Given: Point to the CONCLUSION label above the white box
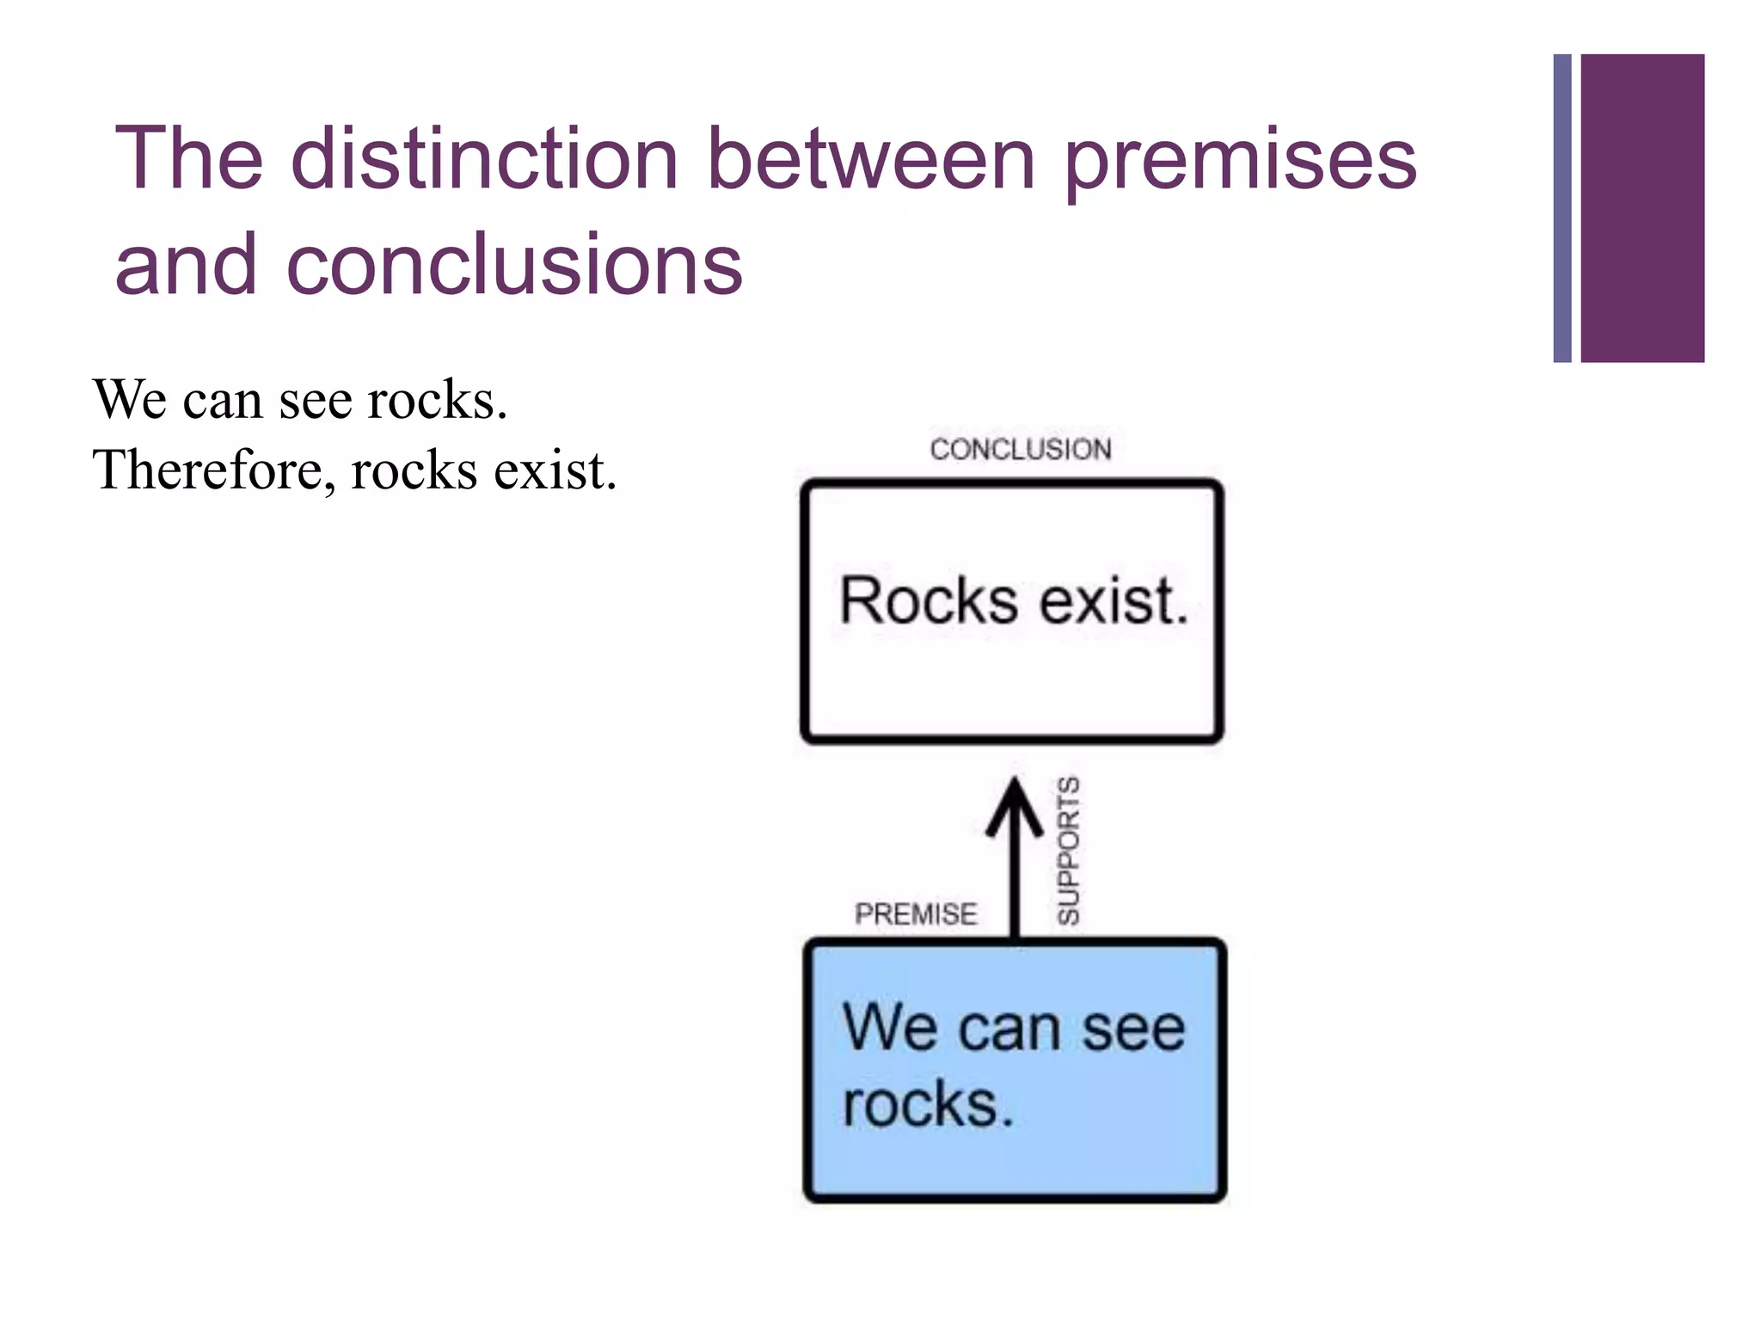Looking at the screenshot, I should pyautogui.click(x=1021, y=449).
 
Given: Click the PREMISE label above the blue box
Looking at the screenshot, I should pyautogui.click(x=916, y=913).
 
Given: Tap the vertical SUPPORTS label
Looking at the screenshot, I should pyautogui.click(x=1068, y=851).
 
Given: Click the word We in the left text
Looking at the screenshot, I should pyautogui.click(x=129, y=400).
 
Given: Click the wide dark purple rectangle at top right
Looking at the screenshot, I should pyautogui.click(x=1641, y=208).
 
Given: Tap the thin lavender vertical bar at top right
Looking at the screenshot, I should pyautogui.click(x=1562, y=208).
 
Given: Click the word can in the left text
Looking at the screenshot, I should pyautogui.click(x=222, y=402).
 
